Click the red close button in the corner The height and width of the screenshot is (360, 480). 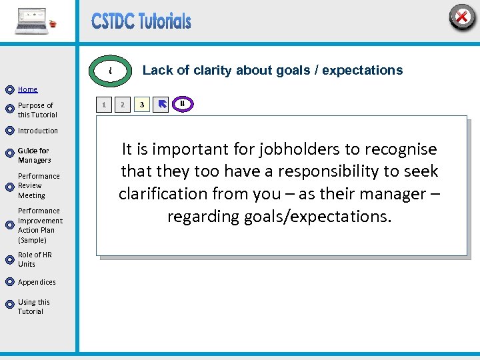461,16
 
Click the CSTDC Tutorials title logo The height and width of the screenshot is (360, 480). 141,21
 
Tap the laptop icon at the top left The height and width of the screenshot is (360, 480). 33,21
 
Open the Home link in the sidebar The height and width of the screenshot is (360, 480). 28,89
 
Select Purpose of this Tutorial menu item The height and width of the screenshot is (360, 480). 36,110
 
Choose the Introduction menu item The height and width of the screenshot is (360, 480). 38,131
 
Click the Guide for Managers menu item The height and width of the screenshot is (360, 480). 34,155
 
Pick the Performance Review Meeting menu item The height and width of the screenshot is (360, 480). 39,186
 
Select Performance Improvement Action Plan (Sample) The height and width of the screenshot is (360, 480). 40,225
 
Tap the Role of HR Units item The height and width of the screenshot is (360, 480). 35,259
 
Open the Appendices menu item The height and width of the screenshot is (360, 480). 37,282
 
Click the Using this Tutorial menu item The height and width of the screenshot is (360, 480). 31,307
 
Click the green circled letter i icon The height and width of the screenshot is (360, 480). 111,71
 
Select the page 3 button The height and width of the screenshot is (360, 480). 141,105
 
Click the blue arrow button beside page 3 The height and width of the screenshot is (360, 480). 161,105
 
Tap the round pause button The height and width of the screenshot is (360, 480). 182,103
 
